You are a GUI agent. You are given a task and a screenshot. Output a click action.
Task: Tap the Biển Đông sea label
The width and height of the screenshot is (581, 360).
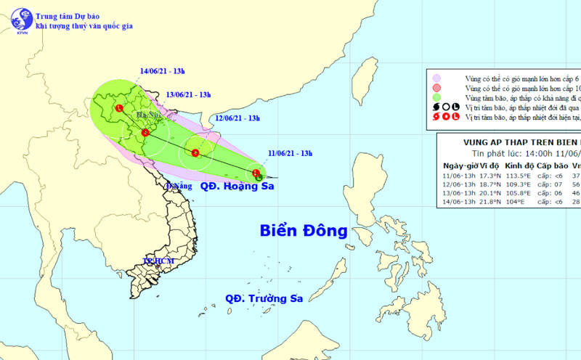click(x=304, y=232)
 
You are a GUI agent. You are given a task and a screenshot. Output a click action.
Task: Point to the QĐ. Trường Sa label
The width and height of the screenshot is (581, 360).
click(x=263, y=298)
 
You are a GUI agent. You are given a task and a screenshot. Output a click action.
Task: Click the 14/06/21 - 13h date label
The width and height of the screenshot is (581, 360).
click(x=163, y=71)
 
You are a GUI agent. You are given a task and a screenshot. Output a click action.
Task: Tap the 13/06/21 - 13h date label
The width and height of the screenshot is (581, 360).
click(x=188, y=94)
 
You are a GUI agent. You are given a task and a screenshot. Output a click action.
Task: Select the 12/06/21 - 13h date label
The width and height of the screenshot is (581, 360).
click(x=238, y=118)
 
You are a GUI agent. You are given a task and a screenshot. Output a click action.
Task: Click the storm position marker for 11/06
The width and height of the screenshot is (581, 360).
click(x=256, y=173)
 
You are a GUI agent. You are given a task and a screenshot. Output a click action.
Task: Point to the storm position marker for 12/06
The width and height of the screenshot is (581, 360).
click(x=195, y=152)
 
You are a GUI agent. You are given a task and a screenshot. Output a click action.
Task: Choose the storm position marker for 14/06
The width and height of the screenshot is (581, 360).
click(x=119, y=109)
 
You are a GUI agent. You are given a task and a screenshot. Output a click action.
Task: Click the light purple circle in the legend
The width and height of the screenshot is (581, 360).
click(x=436, y=77)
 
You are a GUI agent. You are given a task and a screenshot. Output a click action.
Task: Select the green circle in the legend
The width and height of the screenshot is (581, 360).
click(x=436, y=97)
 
